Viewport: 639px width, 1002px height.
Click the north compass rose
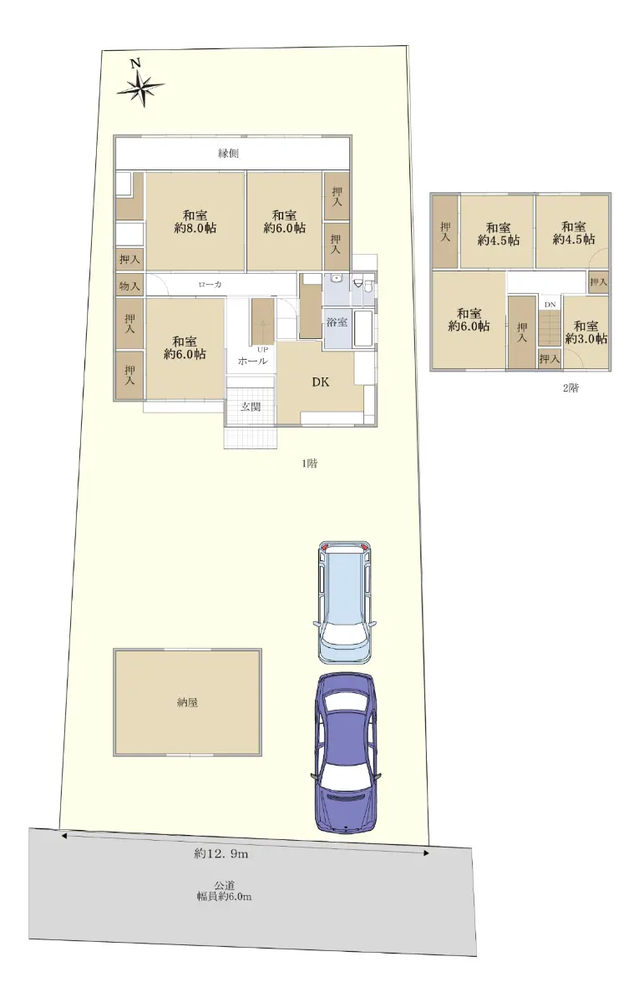click(x=140, y=89)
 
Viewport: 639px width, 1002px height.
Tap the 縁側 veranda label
click(x=228, y=154)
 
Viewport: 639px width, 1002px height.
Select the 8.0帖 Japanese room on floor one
click(x=195, y=221)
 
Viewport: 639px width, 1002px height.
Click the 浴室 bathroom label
click(x=337, y=321)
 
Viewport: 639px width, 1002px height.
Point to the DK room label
click(x=321, y=382)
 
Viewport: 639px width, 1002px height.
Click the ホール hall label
click(x=252, y=361)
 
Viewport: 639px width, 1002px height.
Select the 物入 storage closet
click(x=129, y=285)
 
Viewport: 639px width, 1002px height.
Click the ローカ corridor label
click(x=210, y=285)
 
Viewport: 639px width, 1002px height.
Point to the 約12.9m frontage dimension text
click(x=221, y=853)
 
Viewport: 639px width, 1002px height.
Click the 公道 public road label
click(x=224, y=885)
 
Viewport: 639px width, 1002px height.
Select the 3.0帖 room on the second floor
click(x=586, y=333)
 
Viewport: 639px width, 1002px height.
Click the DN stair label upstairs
click(x=550, y=305)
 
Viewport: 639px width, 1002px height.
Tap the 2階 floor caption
click(x=571, y=388)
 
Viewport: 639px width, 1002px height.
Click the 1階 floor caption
click(x=309, y=463)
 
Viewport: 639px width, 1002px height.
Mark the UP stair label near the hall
click(x=262, y=350)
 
